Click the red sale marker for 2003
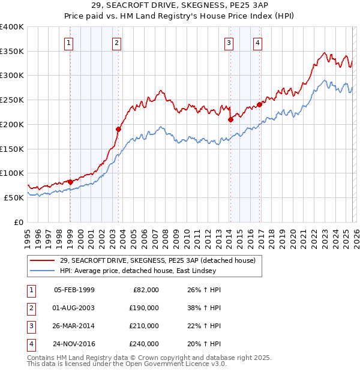coord(118,128)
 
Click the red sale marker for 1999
coord(70,182)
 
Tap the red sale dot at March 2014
coord(230,119)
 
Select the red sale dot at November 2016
coord(259,104)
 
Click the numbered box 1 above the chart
coord(70,43)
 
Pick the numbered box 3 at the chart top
coord(229,43)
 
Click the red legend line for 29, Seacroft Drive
coord(42,260)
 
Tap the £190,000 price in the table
coord(143,308)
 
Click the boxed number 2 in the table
coord(31,308)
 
